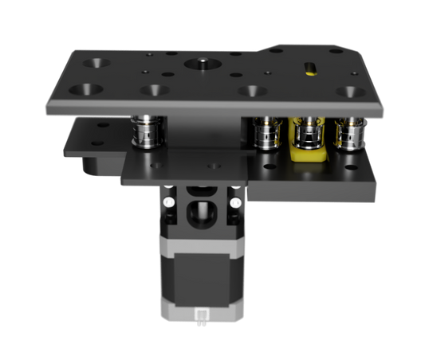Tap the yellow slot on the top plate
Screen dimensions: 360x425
(308, 67)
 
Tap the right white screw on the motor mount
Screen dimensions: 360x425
(235, 205)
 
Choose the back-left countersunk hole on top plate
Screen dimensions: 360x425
(100, 61)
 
